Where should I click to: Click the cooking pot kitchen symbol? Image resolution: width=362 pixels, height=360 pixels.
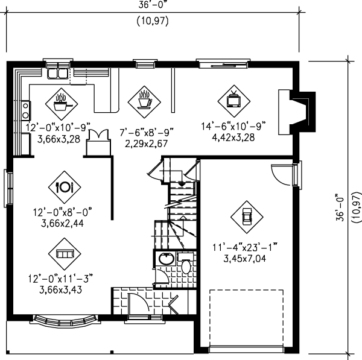click(61, 101)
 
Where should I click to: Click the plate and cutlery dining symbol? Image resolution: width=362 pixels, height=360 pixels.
click(65, 186)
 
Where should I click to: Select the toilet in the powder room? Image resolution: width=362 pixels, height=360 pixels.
click(185, 265)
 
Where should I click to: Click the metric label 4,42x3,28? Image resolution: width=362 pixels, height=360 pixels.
click(233, 137)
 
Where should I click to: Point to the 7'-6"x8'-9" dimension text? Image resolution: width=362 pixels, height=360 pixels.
click(142, 133)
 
